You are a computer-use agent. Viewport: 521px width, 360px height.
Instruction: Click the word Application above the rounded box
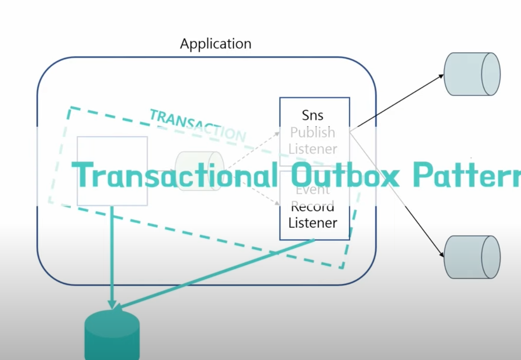[215, 44]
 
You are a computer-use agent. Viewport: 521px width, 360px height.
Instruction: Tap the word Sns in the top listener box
[313, 115]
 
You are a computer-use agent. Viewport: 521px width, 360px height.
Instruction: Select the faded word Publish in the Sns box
[313, 133]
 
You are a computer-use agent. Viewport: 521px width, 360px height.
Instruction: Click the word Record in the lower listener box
[313, 207]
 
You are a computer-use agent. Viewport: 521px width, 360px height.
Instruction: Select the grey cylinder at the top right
[472, 74]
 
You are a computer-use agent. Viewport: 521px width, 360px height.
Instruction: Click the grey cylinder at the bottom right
[472, 257]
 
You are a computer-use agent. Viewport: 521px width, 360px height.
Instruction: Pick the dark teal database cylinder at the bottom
[112, 336]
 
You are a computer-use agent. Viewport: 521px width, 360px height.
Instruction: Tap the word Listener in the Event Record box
[313, 223]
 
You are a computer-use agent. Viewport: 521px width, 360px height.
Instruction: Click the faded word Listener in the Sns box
[313, 149]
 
